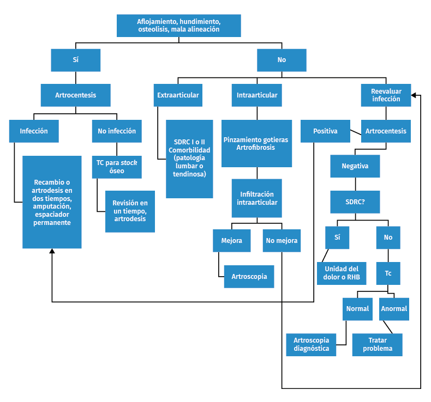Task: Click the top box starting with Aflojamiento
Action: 178,26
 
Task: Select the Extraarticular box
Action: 178,95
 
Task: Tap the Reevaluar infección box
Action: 386,95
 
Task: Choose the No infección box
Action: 116,131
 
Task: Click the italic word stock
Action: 129,162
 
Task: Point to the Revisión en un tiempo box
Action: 130,211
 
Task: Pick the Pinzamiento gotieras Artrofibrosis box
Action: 256,144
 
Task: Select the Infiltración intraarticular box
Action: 256,198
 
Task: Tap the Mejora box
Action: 231,240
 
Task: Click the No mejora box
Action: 282,240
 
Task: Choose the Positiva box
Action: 325,131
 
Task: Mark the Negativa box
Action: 355,166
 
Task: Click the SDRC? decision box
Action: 355,201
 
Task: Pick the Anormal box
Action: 394,309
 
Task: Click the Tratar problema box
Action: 377,345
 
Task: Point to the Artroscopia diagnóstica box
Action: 311,345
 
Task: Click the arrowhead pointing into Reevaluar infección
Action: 414,95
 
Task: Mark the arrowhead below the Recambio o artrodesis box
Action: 52,251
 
